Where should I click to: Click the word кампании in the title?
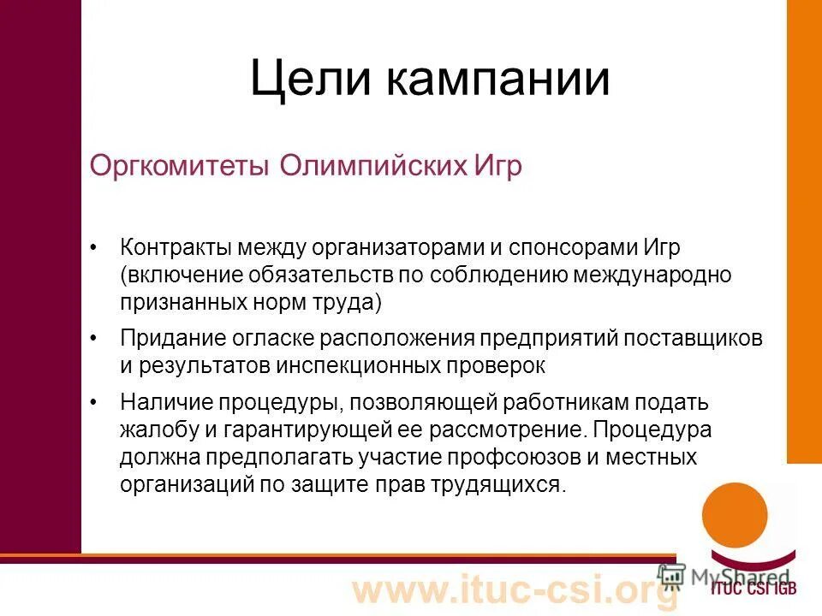pos(497,80)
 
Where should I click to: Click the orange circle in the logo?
pos(735,517)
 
